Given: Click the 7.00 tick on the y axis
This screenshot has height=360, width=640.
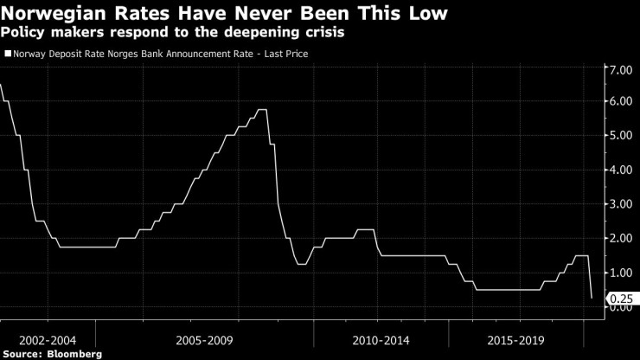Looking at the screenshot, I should pos(620,69).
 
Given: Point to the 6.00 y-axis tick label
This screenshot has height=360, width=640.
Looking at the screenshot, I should pos(620,102).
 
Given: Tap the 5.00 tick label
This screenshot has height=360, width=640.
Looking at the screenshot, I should pos(620,136).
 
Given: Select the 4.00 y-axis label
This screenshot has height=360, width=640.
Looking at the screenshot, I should pos(620,170).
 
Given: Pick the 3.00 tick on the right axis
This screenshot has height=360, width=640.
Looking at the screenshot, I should pos(620,203).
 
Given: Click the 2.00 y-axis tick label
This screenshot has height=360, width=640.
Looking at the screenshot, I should pos(620,238).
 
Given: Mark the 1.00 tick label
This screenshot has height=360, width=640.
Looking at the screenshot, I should pos(620,272).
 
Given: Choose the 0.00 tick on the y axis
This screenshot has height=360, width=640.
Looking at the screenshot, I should pos(620,306).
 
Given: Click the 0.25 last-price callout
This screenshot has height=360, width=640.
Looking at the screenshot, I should pos(620,298).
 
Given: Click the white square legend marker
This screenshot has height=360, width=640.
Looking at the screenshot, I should pos(8,54).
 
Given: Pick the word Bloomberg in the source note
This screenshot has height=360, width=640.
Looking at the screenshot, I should pos(74,354).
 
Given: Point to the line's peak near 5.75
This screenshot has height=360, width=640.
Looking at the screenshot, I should pos(261,110).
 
